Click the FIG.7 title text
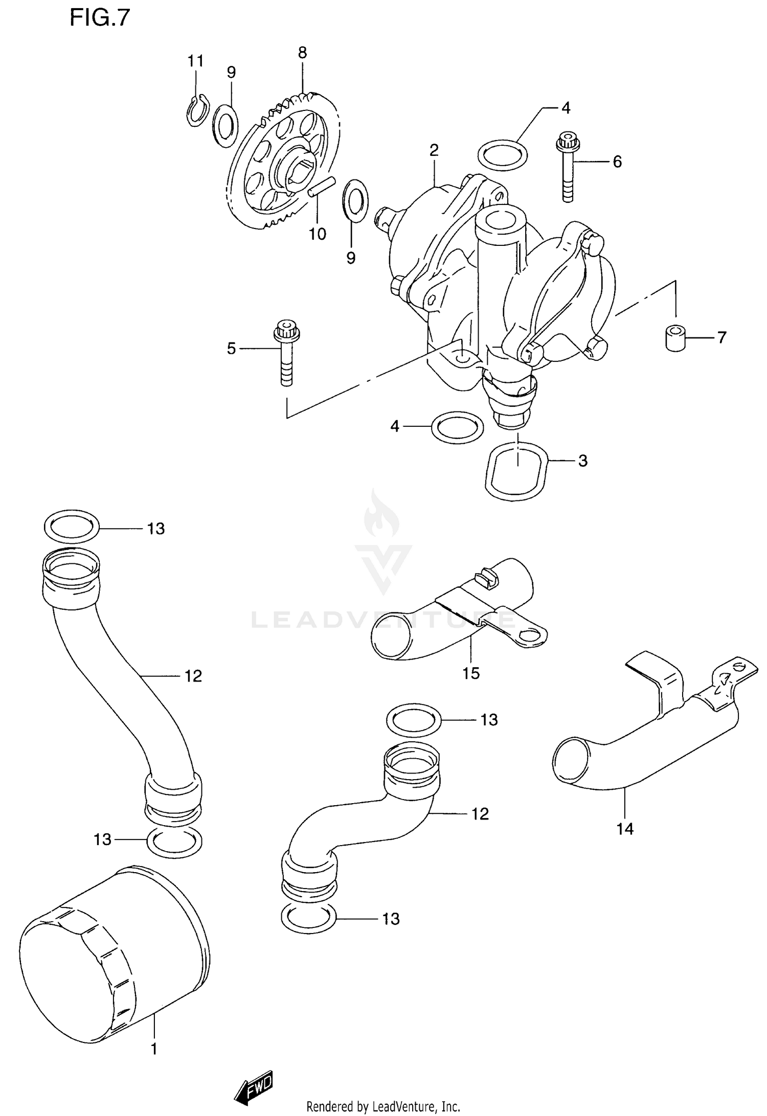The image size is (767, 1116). (100, 18)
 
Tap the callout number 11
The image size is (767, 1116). (195, 61)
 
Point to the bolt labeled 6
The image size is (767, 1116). (567, 166)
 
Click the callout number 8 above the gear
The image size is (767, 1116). (302, 53)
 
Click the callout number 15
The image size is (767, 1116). (471, 673)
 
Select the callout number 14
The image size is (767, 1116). (625, 828)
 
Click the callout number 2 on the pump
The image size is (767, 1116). (434, 150)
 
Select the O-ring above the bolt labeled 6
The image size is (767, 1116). (503, 154)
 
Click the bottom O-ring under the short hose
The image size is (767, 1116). (308, 918)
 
